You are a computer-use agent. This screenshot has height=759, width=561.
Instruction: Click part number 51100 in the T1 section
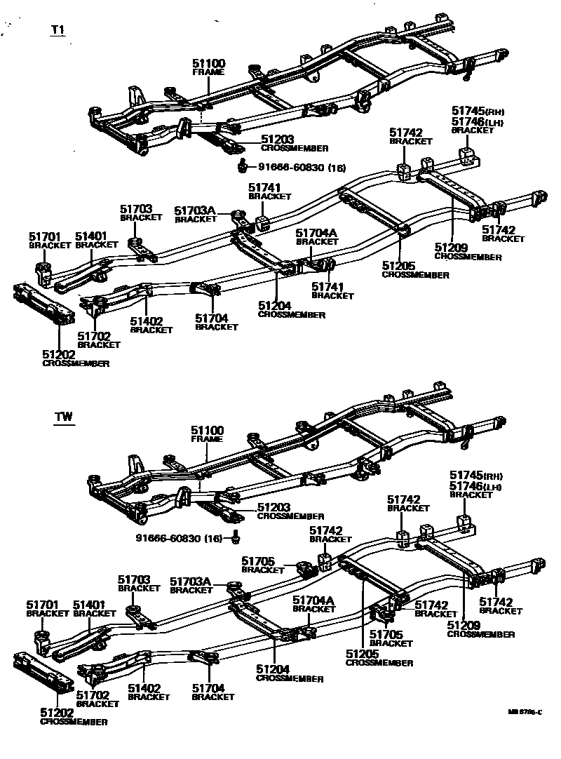tap(208, 64)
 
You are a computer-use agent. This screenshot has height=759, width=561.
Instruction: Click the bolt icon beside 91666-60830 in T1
tap(242, 166)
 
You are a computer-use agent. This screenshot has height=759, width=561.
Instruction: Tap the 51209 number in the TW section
tap(464, 625)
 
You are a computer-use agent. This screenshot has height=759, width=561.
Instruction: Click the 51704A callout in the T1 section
tap(316, 232)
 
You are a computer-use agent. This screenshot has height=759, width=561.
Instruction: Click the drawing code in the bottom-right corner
tap(526, 711)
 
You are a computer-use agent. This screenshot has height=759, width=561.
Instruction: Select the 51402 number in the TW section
tap(144, 688)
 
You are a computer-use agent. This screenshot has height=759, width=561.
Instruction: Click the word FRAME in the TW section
tap(206, 438)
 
